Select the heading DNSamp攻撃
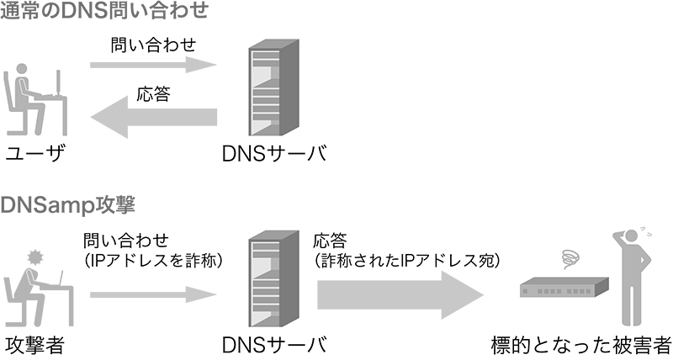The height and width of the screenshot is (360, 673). pyautogui.click(x=69, y=204)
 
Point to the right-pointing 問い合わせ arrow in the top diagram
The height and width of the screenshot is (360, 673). pyautogui.click(x=153, y=65)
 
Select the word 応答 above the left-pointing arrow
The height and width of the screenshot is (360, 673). pyautogui.click(x=154, y=94)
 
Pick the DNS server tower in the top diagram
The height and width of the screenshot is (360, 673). pyautogui.click(x=268, y=90)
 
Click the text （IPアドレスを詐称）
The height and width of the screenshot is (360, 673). pyautogui.click(x=154, y=262)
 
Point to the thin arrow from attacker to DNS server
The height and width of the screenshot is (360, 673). pyautogui.click(x=153, y=295)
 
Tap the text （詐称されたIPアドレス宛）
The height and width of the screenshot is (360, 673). pyautogui.click(x=407, y=262)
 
